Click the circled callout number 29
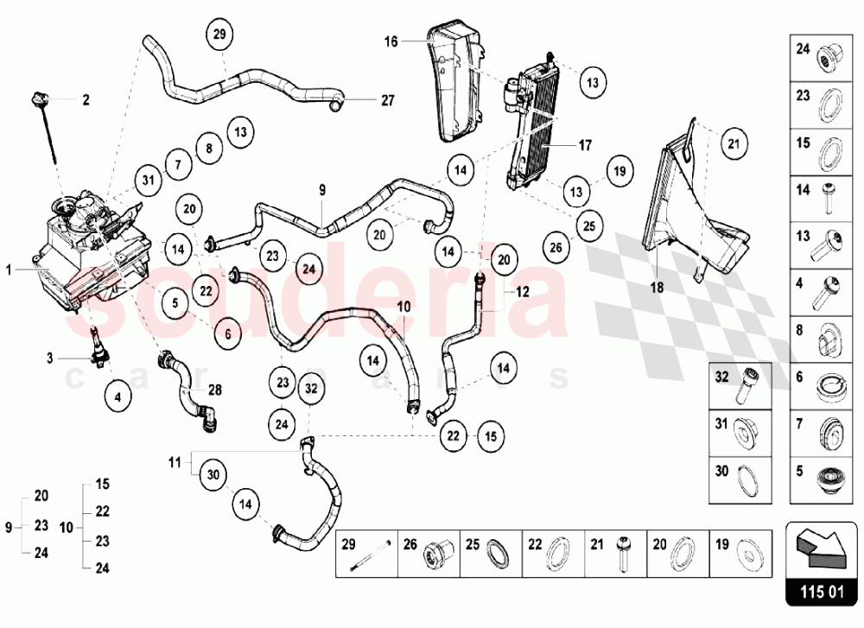(219, 35)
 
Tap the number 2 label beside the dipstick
(86, 100)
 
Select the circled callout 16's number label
(391, 41)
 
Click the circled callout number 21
(733, 143)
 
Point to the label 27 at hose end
(387, 100)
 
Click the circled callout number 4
(118, 397)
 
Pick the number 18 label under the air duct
(657, 289)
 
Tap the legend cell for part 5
(823, 476)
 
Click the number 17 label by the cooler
(585, 145)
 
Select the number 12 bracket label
(523, 292)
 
